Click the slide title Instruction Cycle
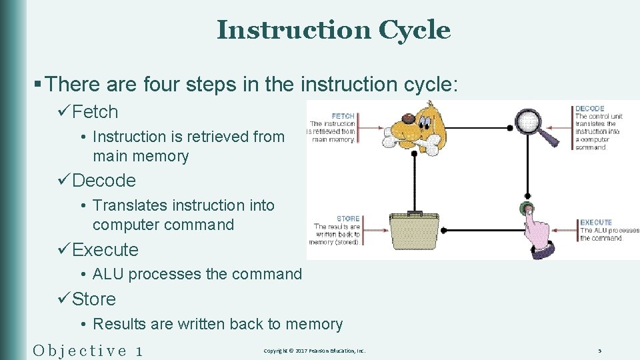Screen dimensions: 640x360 click(x=333, y=30)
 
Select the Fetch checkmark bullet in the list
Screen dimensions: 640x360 click(x=95, y=112)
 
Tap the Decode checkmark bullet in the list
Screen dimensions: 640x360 click(x=103, y=181)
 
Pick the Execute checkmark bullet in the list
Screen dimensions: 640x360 click(x=105, y=250)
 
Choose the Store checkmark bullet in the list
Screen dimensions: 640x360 click(x=93, y=299)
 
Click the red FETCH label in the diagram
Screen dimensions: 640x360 click(x=343, y=116)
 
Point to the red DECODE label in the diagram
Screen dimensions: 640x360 click(x=589, y=109)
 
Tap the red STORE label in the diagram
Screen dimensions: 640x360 click(x=348, y=219)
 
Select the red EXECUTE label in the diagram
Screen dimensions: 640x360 click(x=595, y=223)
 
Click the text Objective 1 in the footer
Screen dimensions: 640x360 click(x=87, y=350)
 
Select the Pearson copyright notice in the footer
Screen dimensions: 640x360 click(x=314, y=351)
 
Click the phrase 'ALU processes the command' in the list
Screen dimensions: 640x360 click(x=197, y=274)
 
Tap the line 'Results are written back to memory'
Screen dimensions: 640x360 click(x=217, y=324)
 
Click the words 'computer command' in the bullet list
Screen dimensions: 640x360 click(x=163, y=225)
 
